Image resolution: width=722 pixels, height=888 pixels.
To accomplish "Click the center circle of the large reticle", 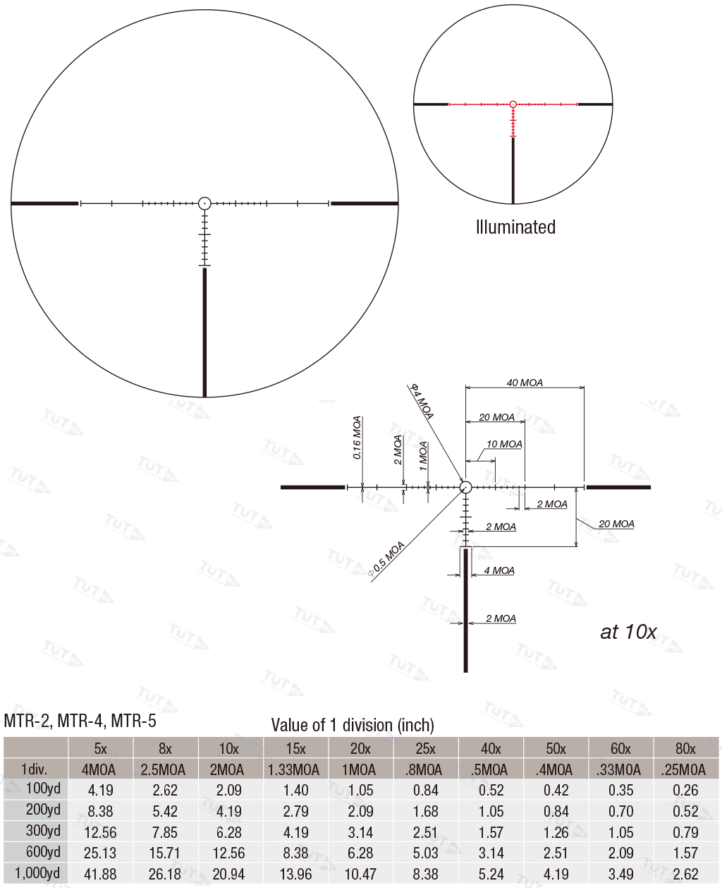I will coord(204,203).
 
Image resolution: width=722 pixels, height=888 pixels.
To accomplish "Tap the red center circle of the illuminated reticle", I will coord(513,104).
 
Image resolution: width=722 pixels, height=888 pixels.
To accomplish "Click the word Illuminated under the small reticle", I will coord(515,227).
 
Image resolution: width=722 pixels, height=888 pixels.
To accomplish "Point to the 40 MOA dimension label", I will coord(525,383).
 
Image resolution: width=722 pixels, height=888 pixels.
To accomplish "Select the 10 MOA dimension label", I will coord(504,444).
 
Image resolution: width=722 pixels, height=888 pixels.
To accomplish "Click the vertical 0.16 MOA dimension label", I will coord(357,438).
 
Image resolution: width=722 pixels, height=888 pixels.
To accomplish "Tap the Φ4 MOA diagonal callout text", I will coord(422,401).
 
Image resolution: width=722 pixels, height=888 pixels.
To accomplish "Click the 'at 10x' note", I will coord(628,632).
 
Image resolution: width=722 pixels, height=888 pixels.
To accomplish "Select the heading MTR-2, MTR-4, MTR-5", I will coord(80,721).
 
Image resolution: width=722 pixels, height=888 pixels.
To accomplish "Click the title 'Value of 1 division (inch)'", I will coord(353,725).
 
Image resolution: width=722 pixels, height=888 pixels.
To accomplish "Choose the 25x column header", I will coord(425,748).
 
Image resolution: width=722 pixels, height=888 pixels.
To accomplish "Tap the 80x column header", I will coord(685,748).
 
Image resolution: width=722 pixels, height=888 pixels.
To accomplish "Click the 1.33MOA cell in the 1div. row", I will coord(295,769).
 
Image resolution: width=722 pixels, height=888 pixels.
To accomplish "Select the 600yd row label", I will coord(43,853).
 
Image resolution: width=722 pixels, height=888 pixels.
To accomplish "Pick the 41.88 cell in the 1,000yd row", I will coord(100,874).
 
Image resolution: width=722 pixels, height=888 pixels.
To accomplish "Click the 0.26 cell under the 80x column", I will coord(685,791).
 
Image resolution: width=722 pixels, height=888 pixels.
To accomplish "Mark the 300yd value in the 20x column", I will coord(360,832).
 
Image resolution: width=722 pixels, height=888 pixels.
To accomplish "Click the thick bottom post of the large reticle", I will coord(204,332).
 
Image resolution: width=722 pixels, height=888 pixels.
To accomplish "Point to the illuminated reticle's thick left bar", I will coord(431,104).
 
